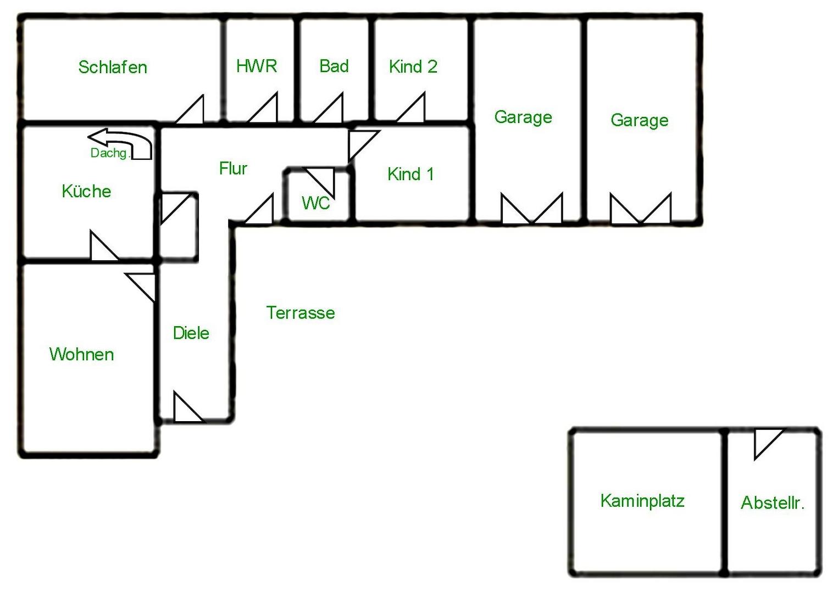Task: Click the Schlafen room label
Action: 113,67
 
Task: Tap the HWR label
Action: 257,66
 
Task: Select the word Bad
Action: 334,66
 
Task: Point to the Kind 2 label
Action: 413,66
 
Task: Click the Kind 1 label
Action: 410,174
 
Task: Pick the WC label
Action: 315,203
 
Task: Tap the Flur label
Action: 233,168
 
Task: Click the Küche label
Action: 86,191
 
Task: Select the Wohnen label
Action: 81,354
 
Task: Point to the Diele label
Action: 191,333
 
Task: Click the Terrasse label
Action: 301,312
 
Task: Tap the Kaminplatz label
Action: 642,500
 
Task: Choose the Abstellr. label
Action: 773,502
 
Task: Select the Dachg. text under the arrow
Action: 109,153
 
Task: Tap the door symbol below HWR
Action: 267,111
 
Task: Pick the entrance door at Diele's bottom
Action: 184,410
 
